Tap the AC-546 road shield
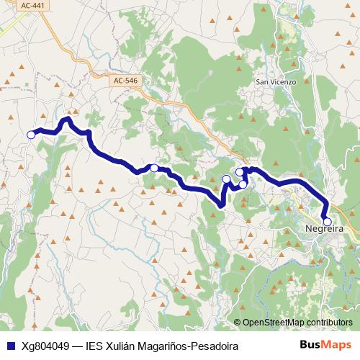coord(125,82)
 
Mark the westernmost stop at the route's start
coord(31,135)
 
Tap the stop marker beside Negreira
coord(327,222)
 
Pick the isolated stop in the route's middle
coord(154,168)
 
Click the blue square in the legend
coord(11,346)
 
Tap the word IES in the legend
coord(95,346)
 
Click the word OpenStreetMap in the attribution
coord(274,322)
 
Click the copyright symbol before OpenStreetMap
coord(238,322)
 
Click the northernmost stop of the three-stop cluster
coord(240,172)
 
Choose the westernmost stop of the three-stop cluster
coord(226,179)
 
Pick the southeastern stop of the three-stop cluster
coord(243,184)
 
